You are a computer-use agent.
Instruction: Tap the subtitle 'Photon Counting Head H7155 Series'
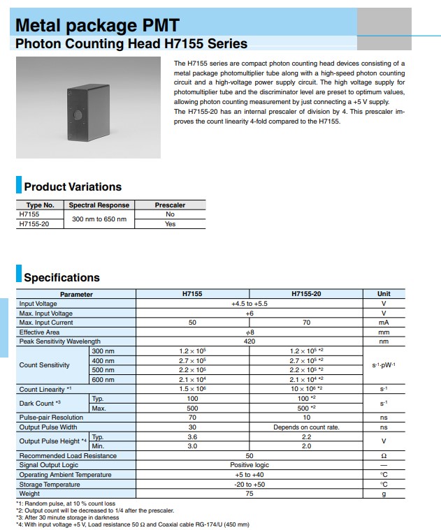[131, 44]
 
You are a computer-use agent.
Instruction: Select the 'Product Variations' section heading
[73, 186]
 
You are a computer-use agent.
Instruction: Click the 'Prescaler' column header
[170, 205]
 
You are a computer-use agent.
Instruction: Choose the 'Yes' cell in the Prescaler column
[170, 224]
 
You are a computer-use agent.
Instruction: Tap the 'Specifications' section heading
[62, 277]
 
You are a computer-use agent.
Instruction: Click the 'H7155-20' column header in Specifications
[305, 294]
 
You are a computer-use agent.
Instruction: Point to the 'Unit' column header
[384, 294]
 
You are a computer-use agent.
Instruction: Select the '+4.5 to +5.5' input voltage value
[249, 304]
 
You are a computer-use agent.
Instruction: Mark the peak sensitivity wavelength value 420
[249, 341]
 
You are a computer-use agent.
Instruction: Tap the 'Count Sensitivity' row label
[45, 365]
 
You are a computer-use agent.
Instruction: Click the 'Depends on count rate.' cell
[305, 427]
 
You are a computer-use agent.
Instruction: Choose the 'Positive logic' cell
[249, 464]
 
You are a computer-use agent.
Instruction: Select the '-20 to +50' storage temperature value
[249, 484]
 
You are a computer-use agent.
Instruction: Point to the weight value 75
[249, 493]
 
